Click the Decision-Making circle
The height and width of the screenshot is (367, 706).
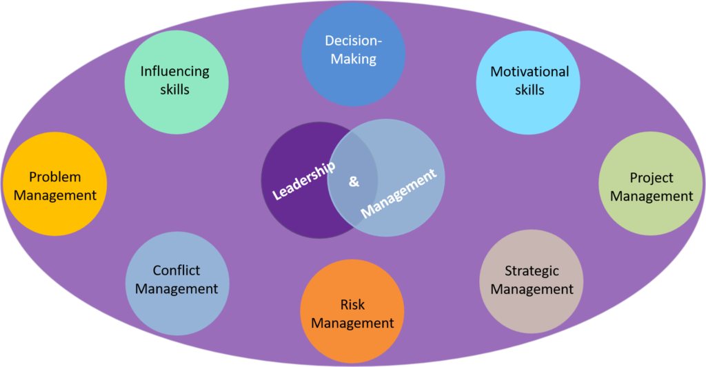354,54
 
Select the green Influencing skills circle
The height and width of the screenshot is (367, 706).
176,82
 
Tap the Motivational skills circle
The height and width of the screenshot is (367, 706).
528,82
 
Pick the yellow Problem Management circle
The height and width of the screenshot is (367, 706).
55,183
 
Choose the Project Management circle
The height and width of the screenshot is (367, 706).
651,183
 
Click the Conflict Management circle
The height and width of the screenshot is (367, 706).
177,284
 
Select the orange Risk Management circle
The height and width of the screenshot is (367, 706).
352,311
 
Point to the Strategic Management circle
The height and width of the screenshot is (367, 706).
532,281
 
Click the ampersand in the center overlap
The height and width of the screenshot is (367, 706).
354,181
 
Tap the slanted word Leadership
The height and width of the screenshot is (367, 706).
304,181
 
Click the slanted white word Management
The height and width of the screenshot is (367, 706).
399,193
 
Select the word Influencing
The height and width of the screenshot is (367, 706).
174,72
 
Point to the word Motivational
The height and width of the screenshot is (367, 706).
529,72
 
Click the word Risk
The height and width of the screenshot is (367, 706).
352,305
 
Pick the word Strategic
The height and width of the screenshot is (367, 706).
532,271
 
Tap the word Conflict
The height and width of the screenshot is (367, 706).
176,270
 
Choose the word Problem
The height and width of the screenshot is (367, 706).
55,177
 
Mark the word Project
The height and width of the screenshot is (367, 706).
652,178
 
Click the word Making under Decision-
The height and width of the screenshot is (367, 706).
354,59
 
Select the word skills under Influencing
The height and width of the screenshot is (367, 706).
174,90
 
